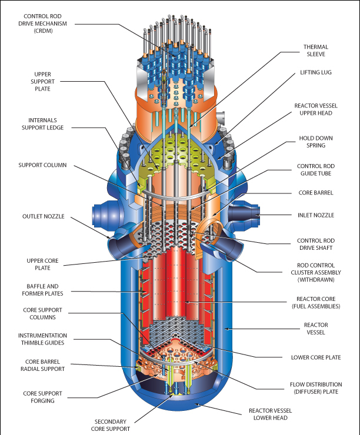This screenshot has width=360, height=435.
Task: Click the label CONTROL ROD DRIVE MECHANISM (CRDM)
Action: pos(43,23)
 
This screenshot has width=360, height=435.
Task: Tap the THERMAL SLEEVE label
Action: pos(315,51)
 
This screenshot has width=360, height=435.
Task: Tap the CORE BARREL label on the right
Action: pos(316,193)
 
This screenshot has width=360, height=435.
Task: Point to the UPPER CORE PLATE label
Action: pos(43,263)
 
